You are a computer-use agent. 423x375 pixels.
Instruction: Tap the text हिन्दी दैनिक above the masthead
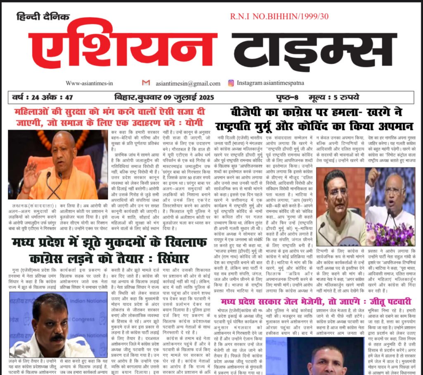43,17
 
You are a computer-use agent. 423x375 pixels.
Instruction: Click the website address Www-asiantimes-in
89,83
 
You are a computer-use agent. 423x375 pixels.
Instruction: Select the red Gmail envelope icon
146,83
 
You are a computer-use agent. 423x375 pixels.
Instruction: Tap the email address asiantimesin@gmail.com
188,83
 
